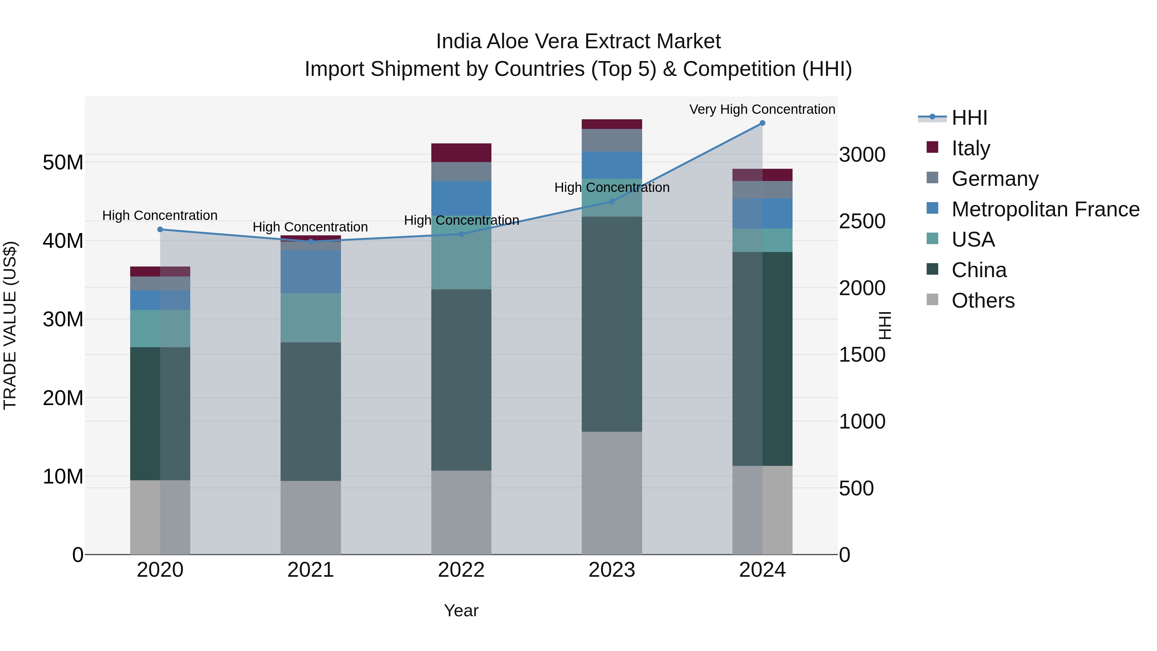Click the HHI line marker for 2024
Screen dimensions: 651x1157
[762, 123]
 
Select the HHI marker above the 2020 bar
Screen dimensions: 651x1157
[160, 230]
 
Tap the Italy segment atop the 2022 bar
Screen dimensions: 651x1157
[461, 153]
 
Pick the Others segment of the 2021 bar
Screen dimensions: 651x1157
[310, 518]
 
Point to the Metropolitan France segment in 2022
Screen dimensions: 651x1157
[461, 198]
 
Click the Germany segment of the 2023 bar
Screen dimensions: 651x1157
[612, 140]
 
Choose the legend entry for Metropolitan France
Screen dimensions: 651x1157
[1045, 209]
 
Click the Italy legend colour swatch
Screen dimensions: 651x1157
[932, 147]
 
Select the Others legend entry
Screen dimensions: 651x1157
[983, 301]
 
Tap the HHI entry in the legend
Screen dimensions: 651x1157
[969, 118]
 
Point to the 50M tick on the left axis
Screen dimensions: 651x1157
[63, 162]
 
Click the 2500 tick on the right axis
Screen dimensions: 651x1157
[862, 222]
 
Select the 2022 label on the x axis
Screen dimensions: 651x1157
[461, 570]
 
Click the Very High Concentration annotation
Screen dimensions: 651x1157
[762, 109]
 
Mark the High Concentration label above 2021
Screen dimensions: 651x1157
[310, 227]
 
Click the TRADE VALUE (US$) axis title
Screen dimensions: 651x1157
[10, 325]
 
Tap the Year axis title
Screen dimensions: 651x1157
[461, 610]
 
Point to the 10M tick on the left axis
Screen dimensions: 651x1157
[63, 476]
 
